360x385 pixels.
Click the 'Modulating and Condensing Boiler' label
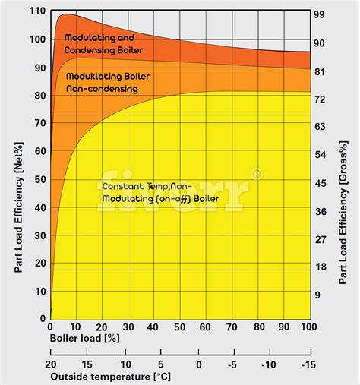coord(103,44)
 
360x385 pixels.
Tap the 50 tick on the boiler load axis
coord(179,326)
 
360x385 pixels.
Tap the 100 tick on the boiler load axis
coord(308,326)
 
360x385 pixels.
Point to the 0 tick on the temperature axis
coord(199,364)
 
